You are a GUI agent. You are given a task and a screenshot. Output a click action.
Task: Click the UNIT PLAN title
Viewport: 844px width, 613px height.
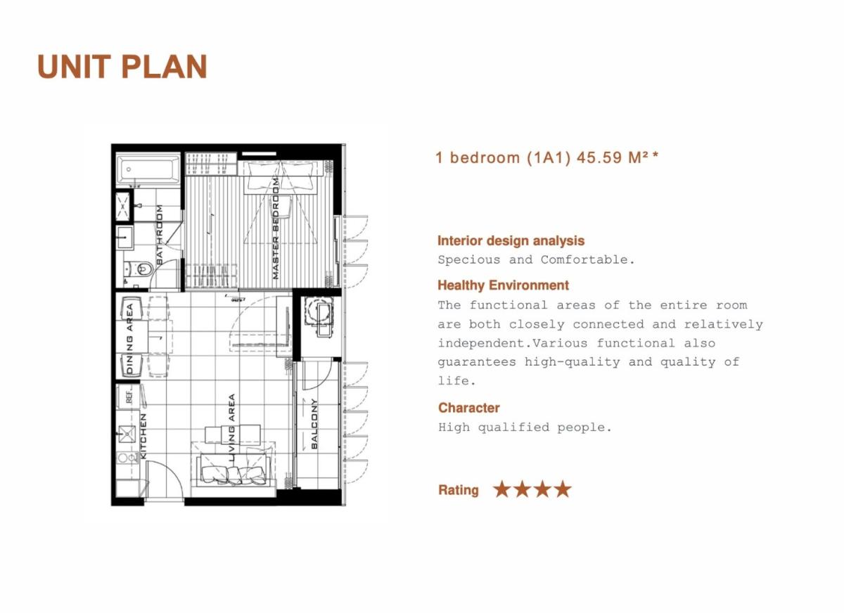pos(122,66)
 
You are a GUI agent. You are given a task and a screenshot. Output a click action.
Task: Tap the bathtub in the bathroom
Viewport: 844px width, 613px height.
pos(149,169)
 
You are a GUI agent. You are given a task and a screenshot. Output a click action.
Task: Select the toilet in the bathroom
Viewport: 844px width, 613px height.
pos(141,269)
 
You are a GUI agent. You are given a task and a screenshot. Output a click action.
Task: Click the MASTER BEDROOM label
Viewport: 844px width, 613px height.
pos(276,229)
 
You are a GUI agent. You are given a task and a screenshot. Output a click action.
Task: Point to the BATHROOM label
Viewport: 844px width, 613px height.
pos(159,235)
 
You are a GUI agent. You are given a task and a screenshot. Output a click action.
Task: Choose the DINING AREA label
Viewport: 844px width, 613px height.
pos(129,339)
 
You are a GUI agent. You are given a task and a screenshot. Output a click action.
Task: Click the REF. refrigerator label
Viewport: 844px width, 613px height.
pos(129,397)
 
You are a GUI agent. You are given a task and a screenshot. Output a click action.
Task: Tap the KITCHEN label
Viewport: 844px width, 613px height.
pos(143,437)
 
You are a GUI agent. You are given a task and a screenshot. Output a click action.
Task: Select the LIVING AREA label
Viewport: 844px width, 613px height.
pos(231,428)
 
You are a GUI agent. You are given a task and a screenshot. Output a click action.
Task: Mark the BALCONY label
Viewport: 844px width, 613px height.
pos(314,424)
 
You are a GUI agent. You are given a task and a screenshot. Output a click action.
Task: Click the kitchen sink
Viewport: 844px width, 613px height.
pos(127,434)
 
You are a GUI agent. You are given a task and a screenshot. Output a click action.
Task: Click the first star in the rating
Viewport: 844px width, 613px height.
pos(502,489)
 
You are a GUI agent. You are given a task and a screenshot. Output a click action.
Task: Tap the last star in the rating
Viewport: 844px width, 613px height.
pos(563,489)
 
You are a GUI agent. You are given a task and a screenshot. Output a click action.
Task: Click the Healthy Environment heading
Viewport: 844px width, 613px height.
pos(503,285)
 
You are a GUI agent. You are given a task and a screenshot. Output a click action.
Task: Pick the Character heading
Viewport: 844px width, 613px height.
pos(468,408)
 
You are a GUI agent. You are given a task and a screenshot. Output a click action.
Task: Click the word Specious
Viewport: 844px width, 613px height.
pos(468,260)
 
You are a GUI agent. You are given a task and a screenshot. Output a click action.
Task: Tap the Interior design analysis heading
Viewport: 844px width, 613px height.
pos(511,240)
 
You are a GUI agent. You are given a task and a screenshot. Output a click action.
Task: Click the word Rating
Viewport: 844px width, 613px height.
pos(458,490)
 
